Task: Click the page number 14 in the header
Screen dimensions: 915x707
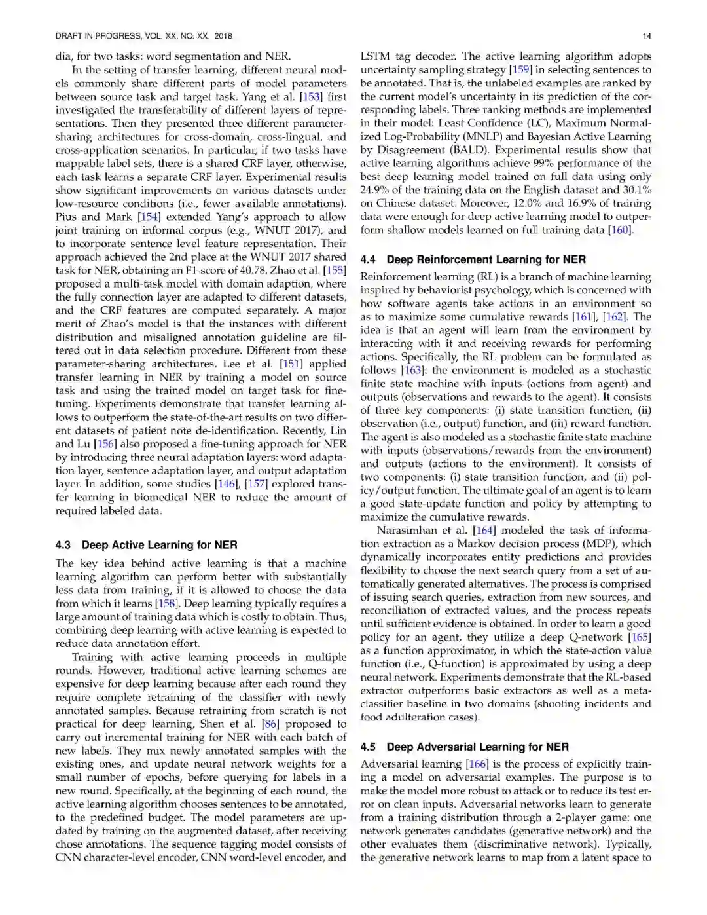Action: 646,36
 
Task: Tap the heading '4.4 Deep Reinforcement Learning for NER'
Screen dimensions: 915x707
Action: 473,259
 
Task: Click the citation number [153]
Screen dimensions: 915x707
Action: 311,97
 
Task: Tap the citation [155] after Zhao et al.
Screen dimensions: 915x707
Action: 335,271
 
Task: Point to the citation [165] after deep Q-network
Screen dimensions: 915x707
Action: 639,637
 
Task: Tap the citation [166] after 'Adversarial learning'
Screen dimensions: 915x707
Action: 476,764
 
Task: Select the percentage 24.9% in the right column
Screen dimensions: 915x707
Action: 374,190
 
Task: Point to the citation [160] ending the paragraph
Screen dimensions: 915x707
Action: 621,230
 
